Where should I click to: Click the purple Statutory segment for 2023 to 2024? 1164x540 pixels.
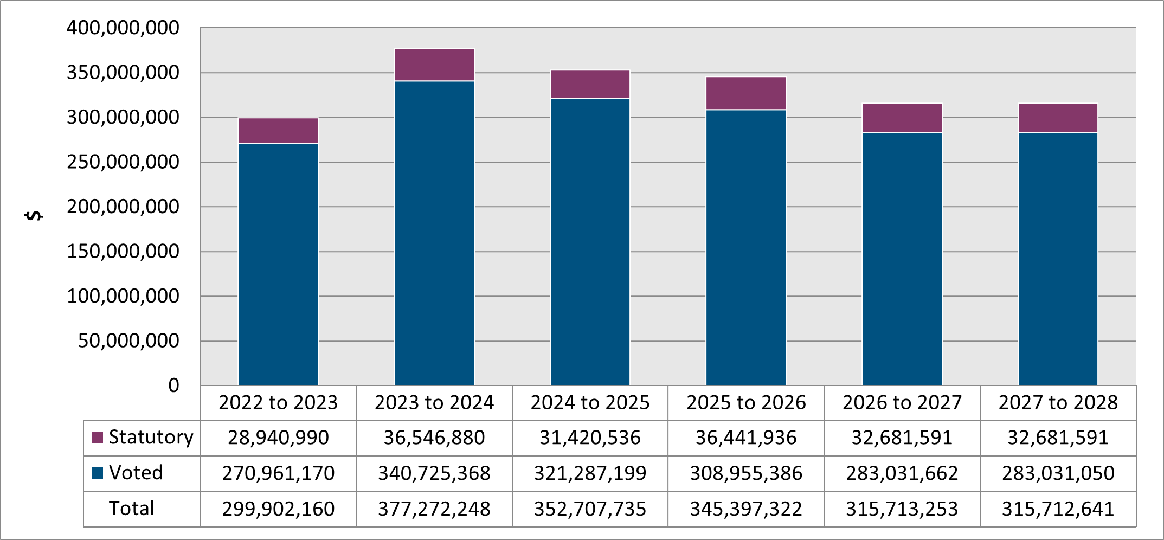(x=434, y=65)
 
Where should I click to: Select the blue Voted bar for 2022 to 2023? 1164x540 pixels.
(x=278, y=264)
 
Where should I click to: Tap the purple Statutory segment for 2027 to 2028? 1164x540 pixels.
(x=1058, y=118)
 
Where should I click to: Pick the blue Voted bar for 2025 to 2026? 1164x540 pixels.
(x=745, y=247)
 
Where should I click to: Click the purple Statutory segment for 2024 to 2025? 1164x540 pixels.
(x=590, y=85)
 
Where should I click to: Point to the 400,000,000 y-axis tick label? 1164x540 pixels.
(x=123, y=28)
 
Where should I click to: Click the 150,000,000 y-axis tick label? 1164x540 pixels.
(x=123, y=252)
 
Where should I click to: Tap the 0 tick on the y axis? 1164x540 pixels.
(x=173, y=385)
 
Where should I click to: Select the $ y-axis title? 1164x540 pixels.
(x=34, y=215)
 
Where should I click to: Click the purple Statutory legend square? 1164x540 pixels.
(x=98, y=438)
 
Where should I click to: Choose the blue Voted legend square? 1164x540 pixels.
(x=98, y=473)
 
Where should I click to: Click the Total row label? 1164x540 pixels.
(x=131, y=509)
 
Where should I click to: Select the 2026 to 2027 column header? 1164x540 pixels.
(x=902, y=403)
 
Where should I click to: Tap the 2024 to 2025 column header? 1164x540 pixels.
(x=590, y=403)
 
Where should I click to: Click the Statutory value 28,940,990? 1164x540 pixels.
(x=278, y=438)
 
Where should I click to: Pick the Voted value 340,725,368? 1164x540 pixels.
(x=434, y=473)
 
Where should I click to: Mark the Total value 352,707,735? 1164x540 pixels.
(x=590, y=509)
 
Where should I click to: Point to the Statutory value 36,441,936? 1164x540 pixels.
(x=745, y=438)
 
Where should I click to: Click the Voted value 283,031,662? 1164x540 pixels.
(x=902, y=473)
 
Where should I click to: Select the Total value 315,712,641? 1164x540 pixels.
(x=1058, y=509)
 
